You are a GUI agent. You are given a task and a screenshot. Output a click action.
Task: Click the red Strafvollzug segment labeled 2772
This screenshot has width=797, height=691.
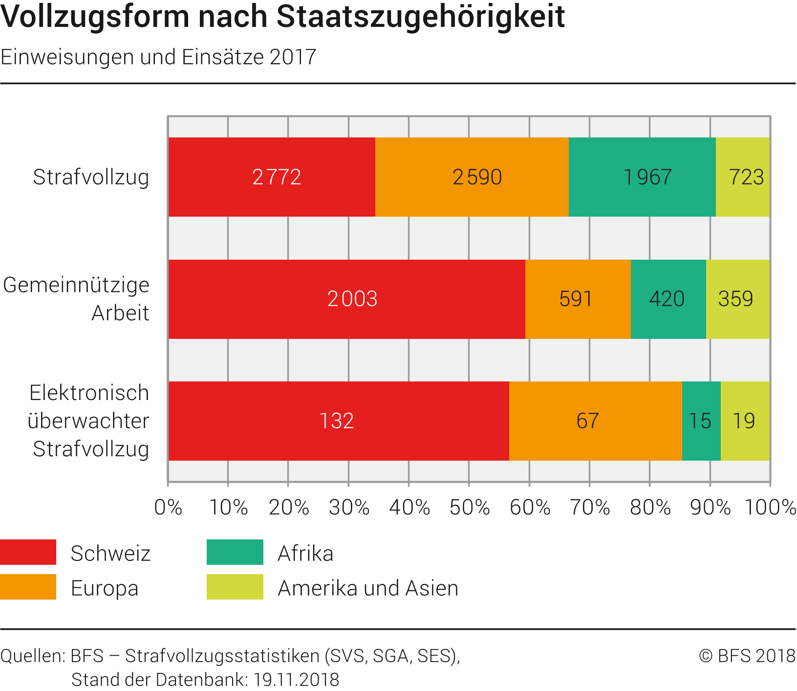point(272,177)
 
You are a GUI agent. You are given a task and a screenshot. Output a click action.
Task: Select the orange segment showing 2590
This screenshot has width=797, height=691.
point(472,177)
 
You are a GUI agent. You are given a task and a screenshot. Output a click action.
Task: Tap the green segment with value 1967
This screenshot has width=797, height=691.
point(642,177)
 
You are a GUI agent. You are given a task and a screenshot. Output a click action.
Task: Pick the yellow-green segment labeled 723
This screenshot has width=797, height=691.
point(743,177)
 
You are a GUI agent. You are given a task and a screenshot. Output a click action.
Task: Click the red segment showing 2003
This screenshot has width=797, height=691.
point(347,299)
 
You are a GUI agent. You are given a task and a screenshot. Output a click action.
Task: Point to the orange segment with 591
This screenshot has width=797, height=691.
point(578,299)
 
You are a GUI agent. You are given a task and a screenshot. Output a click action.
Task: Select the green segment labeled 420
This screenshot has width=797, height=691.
point(668,299)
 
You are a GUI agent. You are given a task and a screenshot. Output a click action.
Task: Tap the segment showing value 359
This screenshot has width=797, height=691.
point(737,299)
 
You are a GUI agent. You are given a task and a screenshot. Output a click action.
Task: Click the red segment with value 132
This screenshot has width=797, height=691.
point(339,421)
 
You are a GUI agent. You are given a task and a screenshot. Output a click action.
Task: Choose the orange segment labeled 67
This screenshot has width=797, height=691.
point(595,421)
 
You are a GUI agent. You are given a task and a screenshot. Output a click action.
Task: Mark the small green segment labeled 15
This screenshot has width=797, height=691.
point(701,421)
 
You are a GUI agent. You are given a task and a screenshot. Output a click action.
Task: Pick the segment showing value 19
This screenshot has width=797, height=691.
point(745,421)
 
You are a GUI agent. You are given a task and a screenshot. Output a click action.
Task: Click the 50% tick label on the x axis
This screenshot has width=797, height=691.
point(470,508)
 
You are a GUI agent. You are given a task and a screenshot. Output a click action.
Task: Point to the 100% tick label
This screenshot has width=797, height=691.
point(770,508)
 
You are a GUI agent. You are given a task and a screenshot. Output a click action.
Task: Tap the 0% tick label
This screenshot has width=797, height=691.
point(168,508)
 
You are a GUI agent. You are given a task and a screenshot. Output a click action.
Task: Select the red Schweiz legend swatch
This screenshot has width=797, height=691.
point(28,552)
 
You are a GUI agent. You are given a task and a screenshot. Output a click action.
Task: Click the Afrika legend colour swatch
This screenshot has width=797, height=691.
point(235,552)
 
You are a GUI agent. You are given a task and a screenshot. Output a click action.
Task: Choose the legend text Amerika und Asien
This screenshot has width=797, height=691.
point(368,588)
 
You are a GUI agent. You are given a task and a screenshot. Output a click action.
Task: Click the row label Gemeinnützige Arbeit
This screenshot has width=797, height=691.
point(77,299)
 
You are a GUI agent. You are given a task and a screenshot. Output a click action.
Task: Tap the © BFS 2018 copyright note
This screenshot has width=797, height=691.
point(747,656)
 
